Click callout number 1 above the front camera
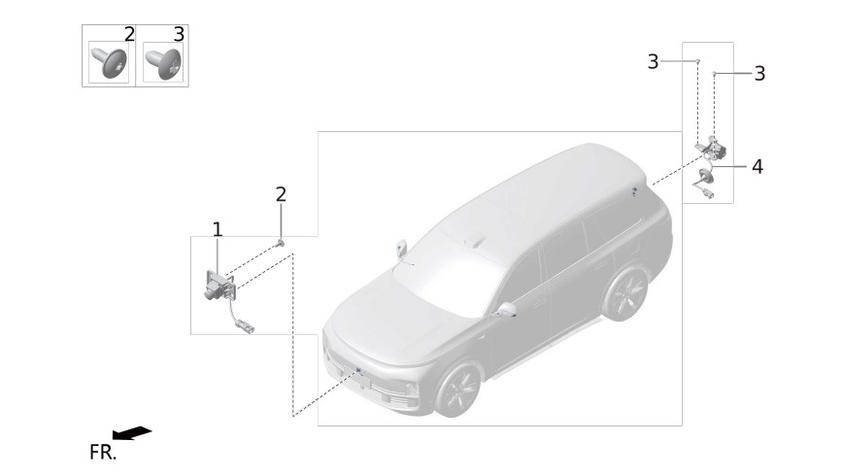pos(217,229)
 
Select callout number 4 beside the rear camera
pos(758,166)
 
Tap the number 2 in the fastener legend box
pos(129,34)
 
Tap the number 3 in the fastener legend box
pos(179,34)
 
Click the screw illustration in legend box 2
pos(110,63)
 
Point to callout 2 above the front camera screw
pos(281,194)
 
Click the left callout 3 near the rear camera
pos(653,62)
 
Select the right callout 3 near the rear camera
pos(759,74)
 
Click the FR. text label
pos(103,453)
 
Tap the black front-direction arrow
pos(131,433)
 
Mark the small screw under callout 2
pos(280,245)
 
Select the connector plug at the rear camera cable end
pos(708,194)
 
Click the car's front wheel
pos(458,390)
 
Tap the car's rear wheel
pos(625,294)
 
